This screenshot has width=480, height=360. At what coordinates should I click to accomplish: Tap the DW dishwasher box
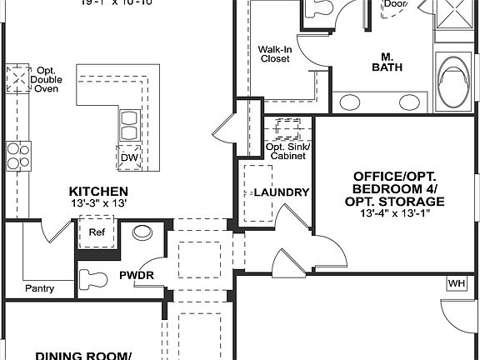point(129,157)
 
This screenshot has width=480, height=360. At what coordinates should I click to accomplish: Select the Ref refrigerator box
point(96,233)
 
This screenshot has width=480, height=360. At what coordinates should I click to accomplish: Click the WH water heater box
point(457,282)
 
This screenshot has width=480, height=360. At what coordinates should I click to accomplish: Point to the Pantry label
point(39,289)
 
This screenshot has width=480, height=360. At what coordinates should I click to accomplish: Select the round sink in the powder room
point(142,233)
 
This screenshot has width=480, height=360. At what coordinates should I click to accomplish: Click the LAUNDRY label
point(281,192)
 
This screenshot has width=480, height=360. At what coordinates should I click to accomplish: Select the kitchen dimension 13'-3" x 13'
point(98,203)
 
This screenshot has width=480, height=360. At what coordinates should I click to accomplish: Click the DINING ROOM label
point(83,354)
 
